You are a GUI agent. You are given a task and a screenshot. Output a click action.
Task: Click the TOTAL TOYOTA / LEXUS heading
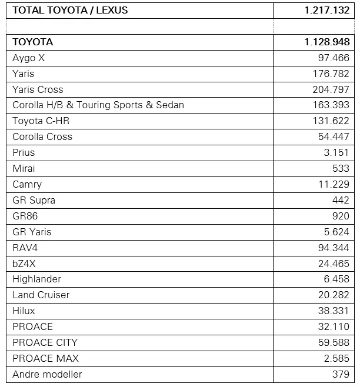(x=70, y=10)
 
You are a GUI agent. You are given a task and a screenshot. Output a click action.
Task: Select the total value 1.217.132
(x=327, y=10)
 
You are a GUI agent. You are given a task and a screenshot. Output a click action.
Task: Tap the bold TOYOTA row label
(x=33, y=42)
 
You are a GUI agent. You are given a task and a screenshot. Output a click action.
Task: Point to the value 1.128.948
(x=327, y=42)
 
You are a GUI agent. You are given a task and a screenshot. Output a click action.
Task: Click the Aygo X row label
(x=29, y=58)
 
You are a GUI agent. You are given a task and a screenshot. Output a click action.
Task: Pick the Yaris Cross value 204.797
(x=331, y=89)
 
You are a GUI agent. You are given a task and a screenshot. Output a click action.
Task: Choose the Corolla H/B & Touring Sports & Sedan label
(x=98, y=105)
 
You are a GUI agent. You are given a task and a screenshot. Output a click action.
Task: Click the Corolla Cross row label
(x=42, y=136)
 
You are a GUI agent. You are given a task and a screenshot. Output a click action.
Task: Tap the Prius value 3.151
(x=336, y=152)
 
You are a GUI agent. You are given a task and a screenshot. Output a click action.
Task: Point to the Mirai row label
(x=24, y=168)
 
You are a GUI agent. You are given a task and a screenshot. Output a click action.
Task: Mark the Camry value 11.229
(x=334, y=184)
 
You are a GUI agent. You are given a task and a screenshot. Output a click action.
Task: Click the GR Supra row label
(x=34, y=200)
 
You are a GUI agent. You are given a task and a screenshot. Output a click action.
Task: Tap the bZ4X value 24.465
(x=334, y=264)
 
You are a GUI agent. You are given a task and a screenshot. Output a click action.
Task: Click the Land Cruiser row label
(x=41, y=295)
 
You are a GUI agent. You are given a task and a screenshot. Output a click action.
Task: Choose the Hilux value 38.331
(x=334, y=311)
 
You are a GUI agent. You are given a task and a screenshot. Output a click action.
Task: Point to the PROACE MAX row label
(x=45, y=358)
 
